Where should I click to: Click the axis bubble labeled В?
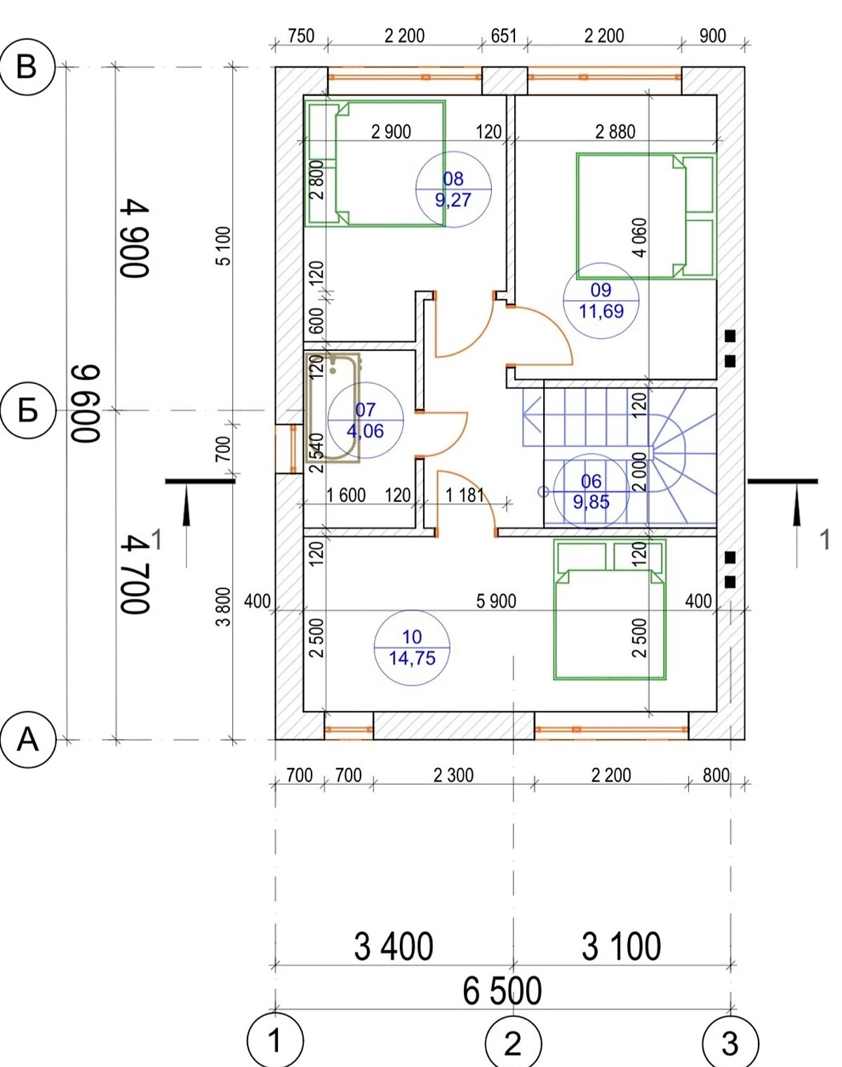(27, 67)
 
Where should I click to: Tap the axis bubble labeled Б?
(28, 411)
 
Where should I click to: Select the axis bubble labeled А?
(28, 740)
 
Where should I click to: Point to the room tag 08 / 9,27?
(453, 190)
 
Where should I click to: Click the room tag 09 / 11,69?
(601, 301)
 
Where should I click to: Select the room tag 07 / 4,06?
(366, 420)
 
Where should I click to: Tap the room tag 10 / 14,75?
(412, 648)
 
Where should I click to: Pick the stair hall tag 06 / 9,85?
(592, 491)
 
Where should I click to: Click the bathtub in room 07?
(333, 408)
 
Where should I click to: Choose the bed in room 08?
(375, 164)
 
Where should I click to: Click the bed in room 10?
(610, 609)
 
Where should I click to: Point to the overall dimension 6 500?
(502, 991)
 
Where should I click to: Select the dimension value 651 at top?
(504, 37)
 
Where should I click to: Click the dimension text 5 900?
(496, 602)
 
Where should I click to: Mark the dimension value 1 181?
(465, 495)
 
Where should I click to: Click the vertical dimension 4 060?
(640, 237)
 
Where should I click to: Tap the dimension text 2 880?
(615, 132)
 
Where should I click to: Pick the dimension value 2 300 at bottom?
(453, 775)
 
